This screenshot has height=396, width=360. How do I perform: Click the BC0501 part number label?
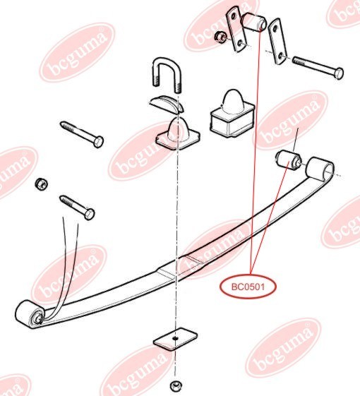pos(248,287)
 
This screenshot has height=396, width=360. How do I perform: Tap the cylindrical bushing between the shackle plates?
pos(253,22)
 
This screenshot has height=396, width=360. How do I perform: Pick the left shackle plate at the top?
pos(236,29)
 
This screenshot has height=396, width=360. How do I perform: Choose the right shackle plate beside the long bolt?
pos(277,42)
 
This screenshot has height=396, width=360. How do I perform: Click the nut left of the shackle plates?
pos(220,37)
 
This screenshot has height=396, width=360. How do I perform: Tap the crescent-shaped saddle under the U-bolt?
pos(167,103)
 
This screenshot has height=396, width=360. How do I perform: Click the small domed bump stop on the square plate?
pos(178,134)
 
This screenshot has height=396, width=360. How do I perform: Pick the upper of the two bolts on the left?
pos(82,135)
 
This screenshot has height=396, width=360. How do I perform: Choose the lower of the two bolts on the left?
pos(78,208)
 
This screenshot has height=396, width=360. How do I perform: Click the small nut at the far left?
pos(41,184)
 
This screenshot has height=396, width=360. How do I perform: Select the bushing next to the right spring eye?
pos(288,161)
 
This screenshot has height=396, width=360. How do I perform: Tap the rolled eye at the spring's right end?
pos(319,169)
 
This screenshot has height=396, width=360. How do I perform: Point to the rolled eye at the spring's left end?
pos(28,314)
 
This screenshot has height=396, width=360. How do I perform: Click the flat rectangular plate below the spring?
pos(175,338)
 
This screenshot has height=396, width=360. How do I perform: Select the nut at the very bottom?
pos(176,385)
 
